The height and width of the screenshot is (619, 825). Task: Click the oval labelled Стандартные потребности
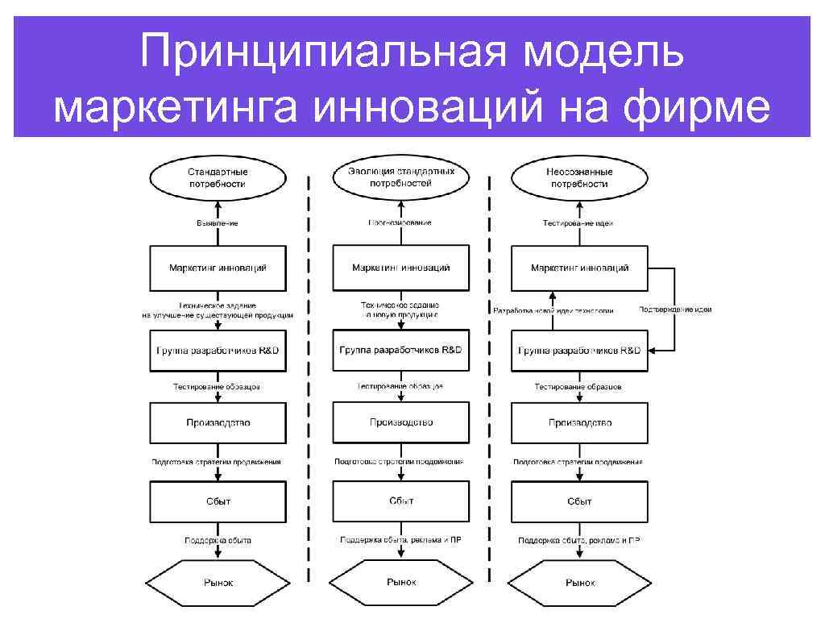[218, 177]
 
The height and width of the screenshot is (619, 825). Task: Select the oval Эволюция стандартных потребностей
[400, 177]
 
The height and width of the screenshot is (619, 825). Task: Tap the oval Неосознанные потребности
[579, 177]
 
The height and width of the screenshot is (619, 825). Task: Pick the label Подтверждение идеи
[675, 309]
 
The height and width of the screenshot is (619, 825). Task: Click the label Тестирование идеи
[579, 222]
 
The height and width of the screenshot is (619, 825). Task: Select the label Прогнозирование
[400, 222]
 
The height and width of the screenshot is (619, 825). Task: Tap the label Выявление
[218, 222]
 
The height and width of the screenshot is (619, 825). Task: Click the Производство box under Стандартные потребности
[218, 422]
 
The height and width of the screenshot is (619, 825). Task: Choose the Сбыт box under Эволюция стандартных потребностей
[400, 501]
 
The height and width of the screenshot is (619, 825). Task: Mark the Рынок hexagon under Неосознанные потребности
[579, 582]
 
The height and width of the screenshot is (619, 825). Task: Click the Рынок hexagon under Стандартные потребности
[218, 582]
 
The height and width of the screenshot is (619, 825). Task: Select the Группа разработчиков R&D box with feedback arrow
[579, 351]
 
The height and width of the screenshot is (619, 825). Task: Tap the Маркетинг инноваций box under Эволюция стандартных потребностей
[400, 268]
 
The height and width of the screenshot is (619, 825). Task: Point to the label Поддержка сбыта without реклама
[218, 540]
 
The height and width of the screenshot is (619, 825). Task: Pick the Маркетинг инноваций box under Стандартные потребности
[218, 268]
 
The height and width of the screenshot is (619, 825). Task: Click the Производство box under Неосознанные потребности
[579, 422]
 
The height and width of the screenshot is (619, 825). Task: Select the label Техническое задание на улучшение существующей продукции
[218, 310]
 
